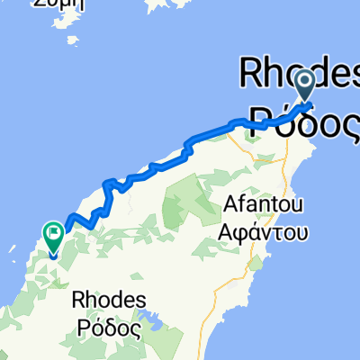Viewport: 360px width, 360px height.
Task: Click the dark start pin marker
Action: pyautogui.click(x=304, y=86)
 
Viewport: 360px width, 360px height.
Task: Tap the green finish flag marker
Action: pyautogui.click(x=52, y=237)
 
